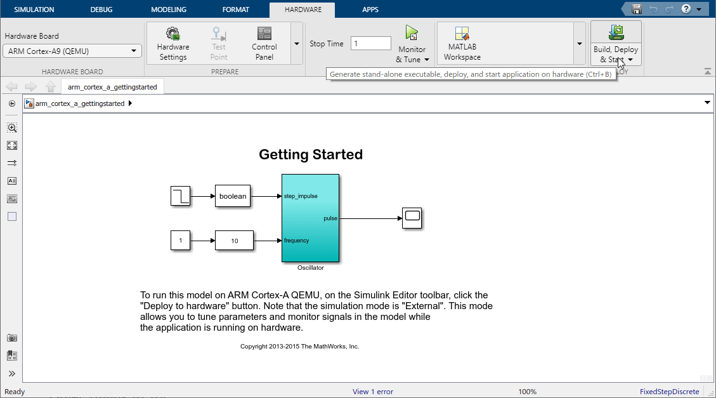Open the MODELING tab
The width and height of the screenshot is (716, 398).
(x=169, y=9)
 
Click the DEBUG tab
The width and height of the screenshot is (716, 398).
(x=101, y=9)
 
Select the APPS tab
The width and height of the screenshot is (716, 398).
(x=370, y=9)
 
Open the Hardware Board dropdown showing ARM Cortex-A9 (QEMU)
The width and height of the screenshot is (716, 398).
(x=72, y=51)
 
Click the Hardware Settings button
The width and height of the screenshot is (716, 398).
(x=173, y=44)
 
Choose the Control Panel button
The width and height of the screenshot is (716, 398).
(x=264, y=44)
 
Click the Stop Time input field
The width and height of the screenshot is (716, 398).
(x=371, y=43)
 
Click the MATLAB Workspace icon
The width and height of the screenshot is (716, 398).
(x=462, y=34)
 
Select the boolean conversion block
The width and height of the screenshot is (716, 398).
(x=233, y=196)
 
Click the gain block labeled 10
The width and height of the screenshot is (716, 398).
(x=234, y=241)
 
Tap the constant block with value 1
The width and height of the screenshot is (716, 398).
(x=180, y=241)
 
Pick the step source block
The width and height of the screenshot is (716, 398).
(x=180, y=196)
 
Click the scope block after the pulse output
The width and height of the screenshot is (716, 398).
(x=412, y=218)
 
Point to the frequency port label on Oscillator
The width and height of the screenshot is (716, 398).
(x=296, y=241)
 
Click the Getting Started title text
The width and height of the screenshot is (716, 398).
(x=311, y=154)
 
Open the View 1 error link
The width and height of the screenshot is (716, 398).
(x=373, y=392)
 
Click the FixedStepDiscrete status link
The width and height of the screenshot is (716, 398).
(x=670, y=392)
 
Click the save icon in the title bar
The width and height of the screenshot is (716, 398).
(x=637, y=9)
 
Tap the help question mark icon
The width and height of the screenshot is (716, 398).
(x=686, y=9)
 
